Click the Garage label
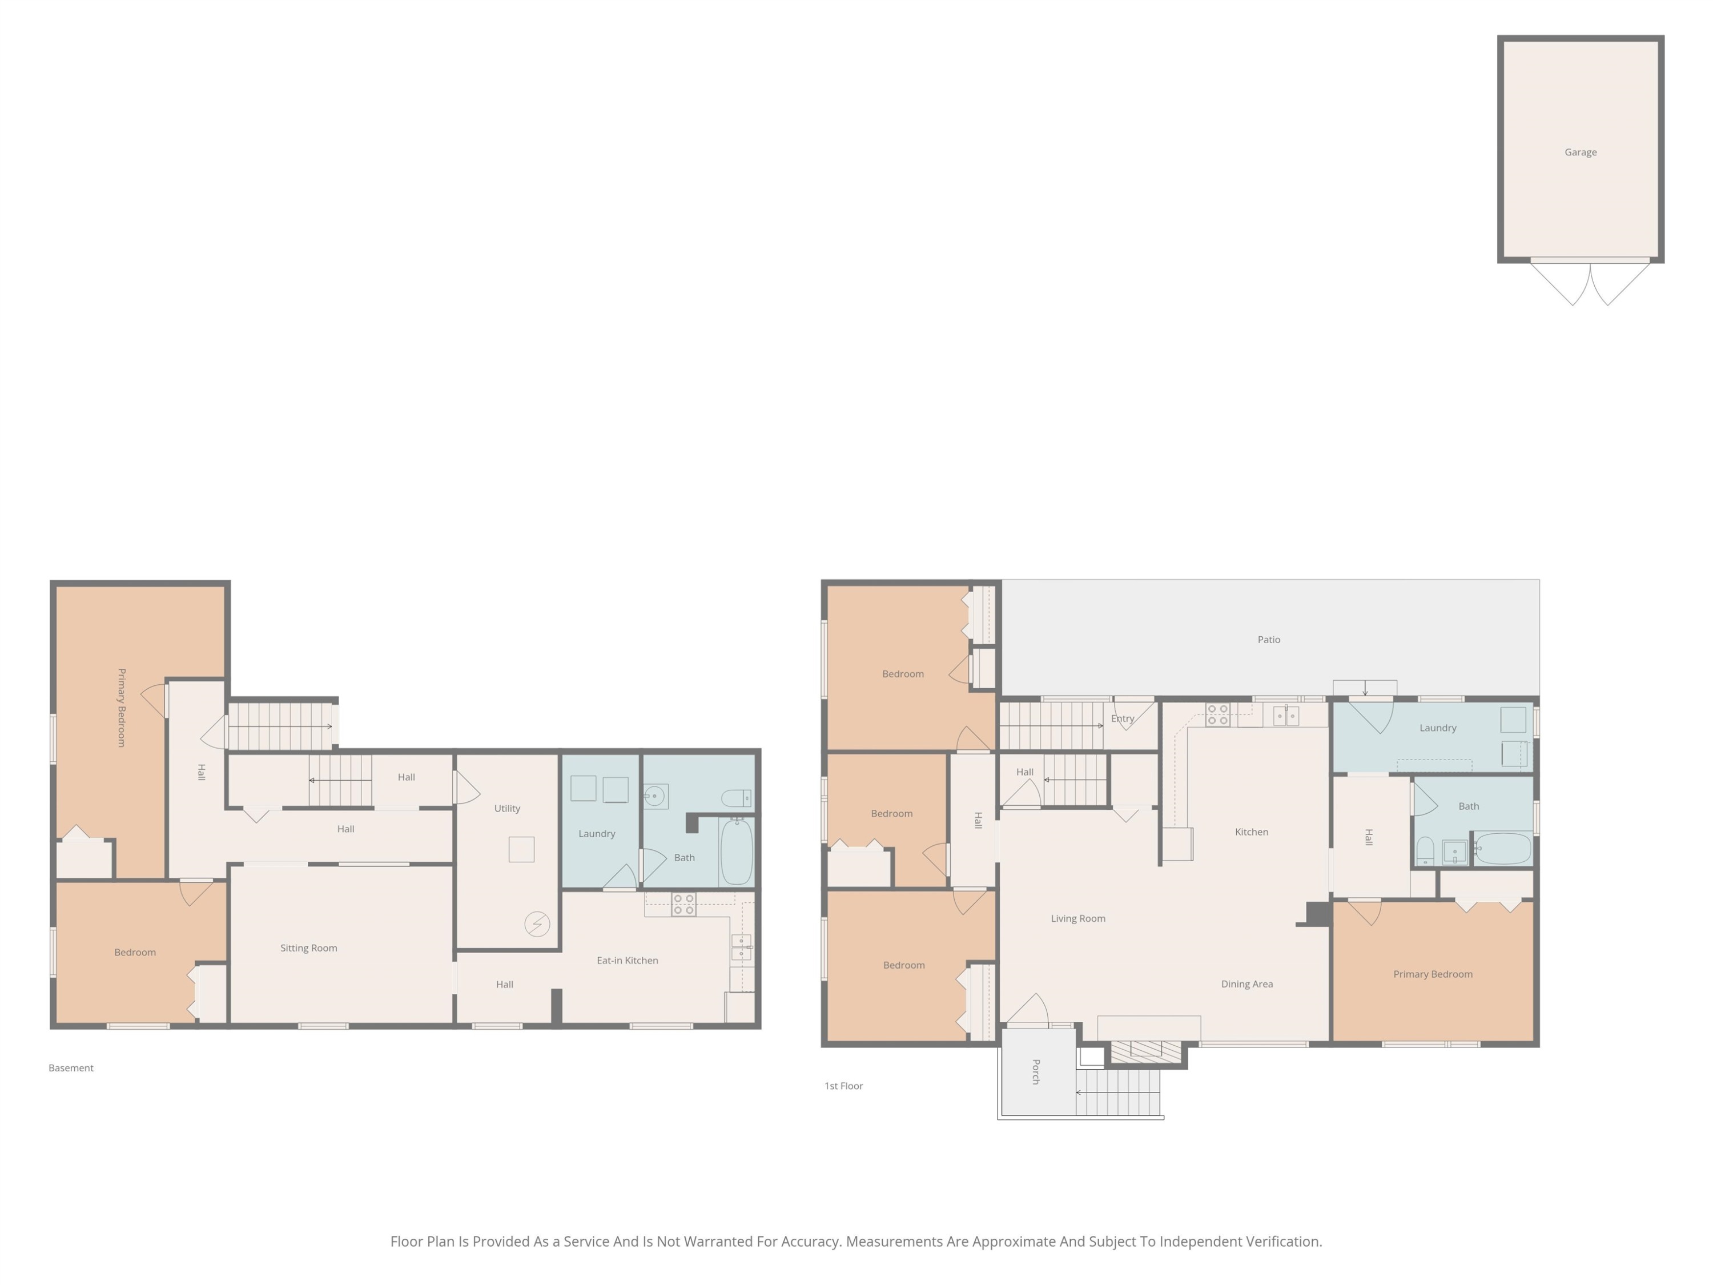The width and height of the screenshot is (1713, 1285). [x=1580, y=152]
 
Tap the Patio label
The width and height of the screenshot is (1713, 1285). [x=1269, y=640]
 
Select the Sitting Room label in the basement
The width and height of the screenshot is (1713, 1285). [x=308, y=948]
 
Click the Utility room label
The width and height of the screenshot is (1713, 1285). [x=507, y=809]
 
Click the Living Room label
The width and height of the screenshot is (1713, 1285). [x=1078, y=918]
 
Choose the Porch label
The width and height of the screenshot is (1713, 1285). [x=1035, y=1072]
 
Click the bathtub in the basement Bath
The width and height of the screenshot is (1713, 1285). [x=737, y=852]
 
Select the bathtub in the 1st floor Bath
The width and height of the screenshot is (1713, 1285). [x=1503, y=849]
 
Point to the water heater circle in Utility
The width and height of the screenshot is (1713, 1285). [x=537, y=924]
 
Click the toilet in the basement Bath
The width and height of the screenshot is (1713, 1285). [x=735, y=798]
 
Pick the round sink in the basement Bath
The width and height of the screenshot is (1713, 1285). [x=654, y=796]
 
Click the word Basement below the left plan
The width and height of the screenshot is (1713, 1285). [x=71, y=1068]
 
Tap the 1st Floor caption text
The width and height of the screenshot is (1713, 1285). [x=843, y=1086]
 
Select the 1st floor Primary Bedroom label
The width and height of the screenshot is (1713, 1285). [x=1433, y=974]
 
